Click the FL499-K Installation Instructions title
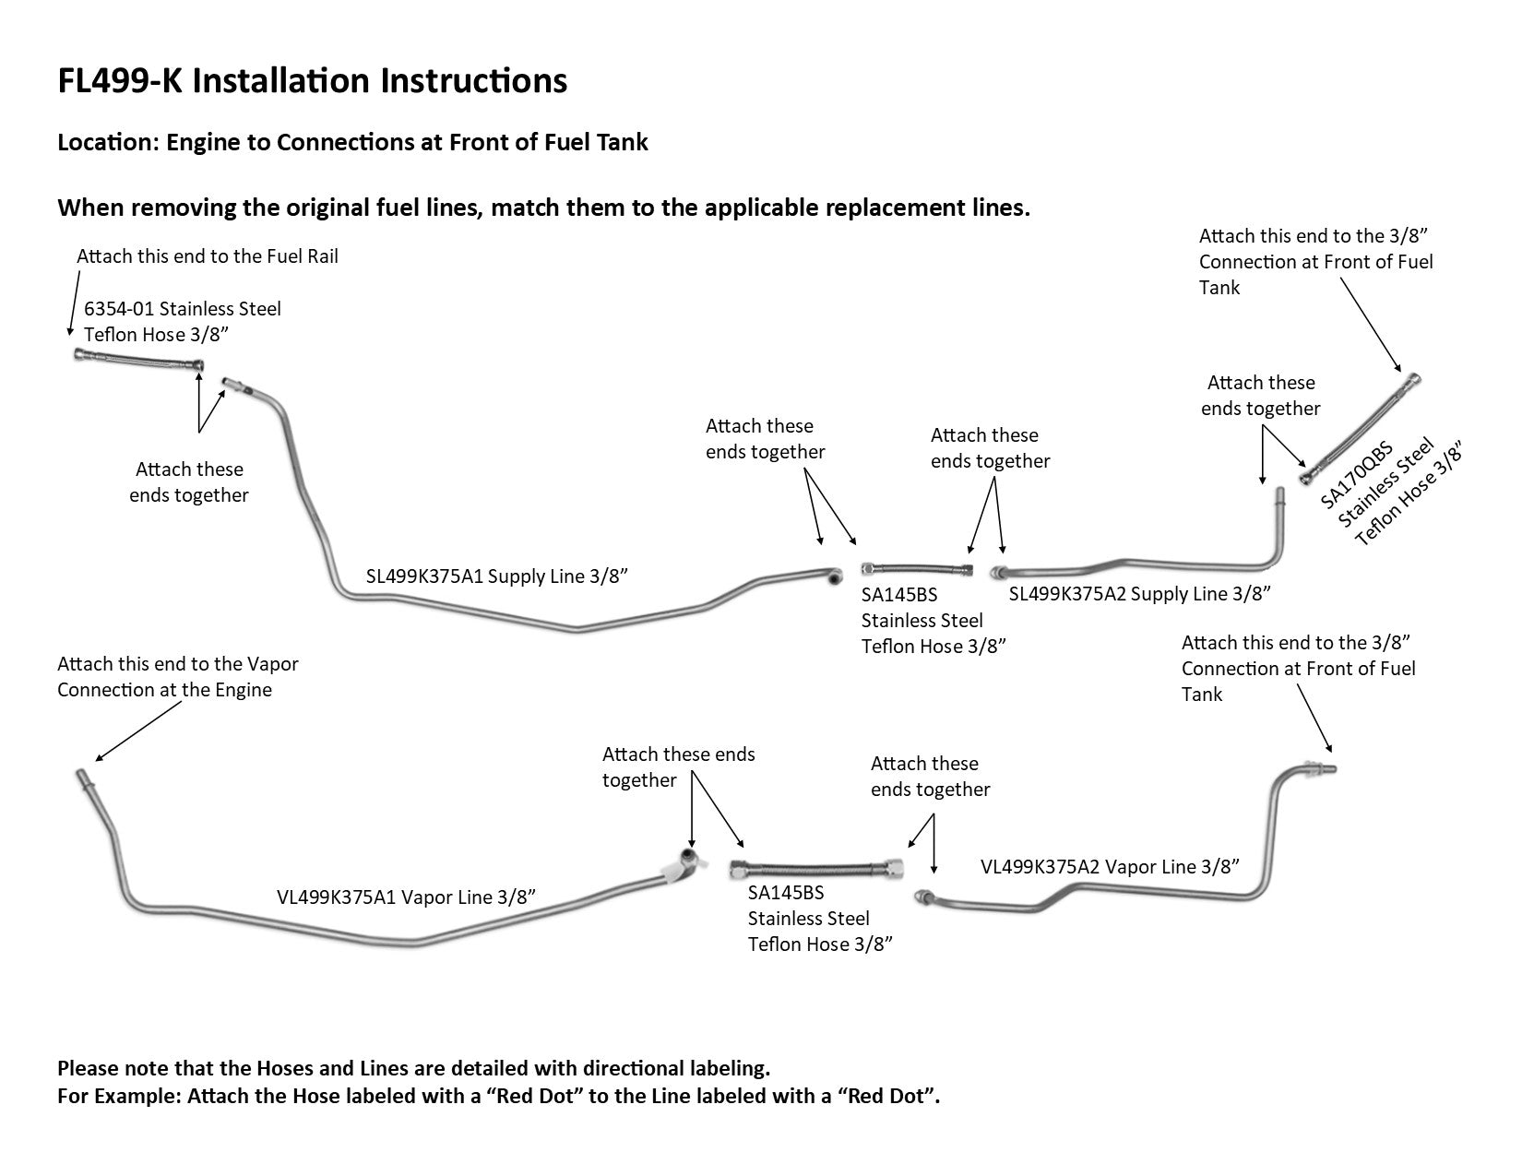click(312, 81)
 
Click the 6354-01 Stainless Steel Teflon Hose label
click(183, 321)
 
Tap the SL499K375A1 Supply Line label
click(496, 576)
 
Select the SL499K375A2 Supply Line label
click(1139, 593)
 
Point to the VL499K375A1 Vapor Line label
click(406, 897)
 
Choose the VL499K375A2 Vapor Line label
click(1109, 866)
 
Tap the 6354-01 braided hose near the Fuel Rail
click(138, 361)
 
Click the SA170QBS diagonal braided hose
click(1360, 429)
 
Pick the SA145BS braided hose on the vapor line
click(815, 869)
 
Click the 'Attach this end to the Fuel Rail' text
click(208, 255)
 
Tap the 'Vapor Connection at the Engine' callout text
click(177, 677)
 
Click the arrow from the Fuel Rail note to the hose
click(71, 309)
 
